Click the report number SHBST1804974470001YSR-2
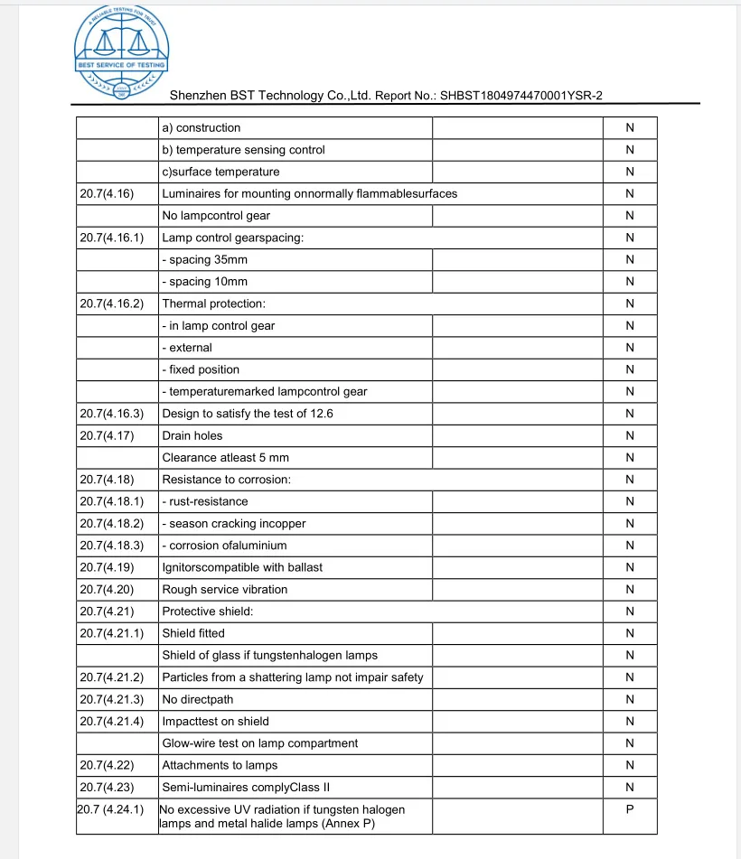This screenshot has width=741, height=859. [x=521, y=96]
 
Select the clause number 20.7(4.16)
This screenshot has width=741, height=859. [x=107, y=193]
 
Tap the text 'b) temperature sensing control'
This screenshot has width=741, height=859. [x=243, y=150]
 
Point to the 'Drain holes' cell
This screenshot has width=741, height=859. [x=192, y=435]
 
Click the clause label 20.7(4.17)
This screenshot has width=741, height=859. [x=107, y=435]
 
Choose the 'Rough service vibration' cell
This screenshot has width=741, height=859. [x=224, y=590]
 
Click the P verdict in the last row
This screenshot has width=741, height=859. [x=629, y=809]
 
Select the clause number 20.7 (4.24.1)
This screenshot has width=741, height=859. [x=111, y=809]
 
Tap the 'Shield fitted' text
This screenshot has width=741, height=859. [x=193, y=633]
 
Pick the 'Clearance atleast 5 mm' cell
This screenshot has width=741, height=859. [x=225, y=458]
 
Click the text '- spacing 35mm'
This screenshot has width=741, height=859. [x=204, y=259]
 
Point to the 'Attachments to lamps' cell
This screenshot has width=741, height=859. [x=220, y=765]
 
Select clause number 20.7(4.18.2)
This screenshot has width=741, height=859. [x=112, y=524]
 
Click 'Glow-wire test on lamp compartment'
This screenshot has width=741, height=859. [x=259, y=743]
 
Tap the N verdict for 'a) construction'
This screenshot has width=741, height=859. [x=629, y=127]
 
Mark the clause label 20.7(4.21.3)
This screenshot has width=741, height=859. [x=112, y=699]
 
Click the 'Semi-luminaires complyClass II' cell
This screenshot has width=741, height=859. [x=239, y=788]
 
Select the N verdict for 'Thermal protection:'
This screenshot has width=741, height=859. [x=629, y=303]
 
